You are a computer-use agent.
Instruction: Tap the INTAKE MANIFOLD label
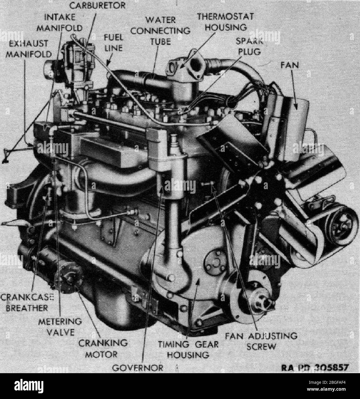(60, 23)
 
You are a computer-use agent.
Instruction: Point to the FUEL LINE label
(113, 42)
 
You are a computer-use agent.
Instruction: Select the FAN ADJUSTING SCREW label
(261, 341)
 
